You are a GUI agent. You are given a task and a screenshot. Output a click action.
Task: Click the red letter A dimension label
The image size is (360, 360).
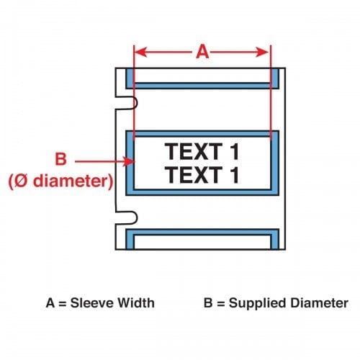[x=202, y=52]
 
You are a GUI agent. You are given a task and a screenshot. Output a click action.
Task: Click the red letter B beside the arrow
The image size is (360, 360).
[x=60, y=158]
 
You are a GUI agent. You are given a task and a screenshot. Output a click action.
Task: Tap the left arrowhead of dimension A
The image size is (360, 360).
[x=140, y=52]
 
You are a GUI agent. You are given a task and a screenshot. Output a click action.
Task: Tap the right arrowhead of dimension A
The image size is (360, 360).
[x=262, y=52]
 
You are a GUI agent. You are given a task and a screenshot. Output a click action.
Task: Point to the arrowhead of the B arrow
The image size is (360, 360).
[x=128, y=161]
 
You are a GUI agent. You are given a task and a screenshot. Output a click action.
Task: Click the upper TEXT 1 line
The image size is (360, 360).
[x=202, y=151]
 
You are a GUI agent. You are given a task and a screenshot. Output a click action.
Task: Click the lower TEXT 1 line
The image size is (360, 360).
[x=202, y=175]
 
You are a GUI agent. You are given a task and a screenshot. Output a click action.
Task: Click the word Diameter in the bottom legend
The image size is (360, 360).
[x=320, y=303]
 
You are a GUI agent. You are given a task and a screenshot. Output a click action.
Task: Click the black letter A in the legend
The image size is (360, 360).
[x=50, y=303]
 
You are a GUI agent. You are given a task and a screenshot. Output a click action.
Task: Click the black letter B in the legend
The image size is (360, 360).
[x=208, y=303]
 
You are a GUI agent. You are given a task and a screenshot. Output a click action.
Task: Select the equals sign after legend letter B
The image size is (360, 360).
[x=220, y=304]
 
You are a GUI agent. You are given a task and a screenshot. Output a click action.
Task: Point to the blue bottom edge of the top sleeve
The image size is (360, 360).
[x=202, y=86]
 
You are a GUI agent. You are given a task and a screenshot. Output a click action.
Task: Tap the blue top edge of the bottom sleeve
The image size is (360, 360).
[x=202, y=233]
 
